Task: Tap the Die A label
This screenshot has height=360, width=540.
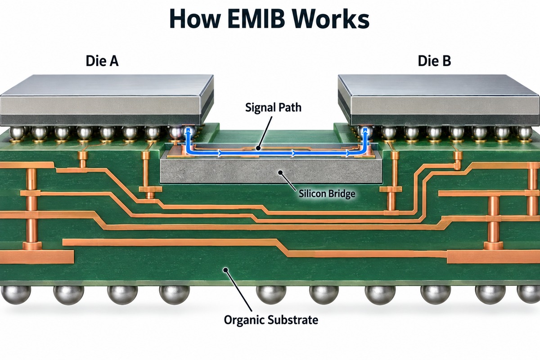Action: [x=102, y=61]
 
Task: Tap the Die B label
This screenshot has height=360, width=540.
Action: [x=434, y=61]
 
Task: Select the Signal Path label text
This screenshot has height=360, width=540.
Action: [x=274, y=108]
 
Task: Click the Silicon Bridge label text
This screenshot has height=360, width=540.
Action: [x=327, y=193]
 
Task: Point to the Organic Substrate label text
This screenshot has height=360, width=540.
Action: [x=271, y=320]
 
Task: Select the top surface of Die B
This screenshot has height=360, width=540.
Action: [x=437, y=85]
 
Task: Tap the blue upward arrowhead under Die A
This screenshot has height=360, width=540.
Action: [x=189, y=131]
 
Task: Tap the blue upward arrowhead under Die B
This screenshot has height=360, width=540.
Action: [x=365, y=131]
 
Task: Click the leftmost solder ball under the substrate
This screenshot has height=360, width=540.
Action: [x=16, y=295]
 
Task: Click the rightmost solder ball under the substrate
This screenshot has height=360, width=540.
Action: [x=529, y=294]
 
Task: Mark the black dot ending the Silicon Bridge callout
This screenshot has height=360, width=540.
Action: [x=280, y=172]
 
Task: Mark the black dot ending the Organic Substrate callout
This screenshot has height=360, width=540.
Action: [x=225, y=270]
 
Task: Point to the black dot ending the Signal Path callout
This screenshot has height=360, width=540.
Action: [x=258, y=148]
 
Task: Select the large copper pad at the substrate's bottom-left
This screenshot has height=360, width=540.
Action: [x=36, y=257]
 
